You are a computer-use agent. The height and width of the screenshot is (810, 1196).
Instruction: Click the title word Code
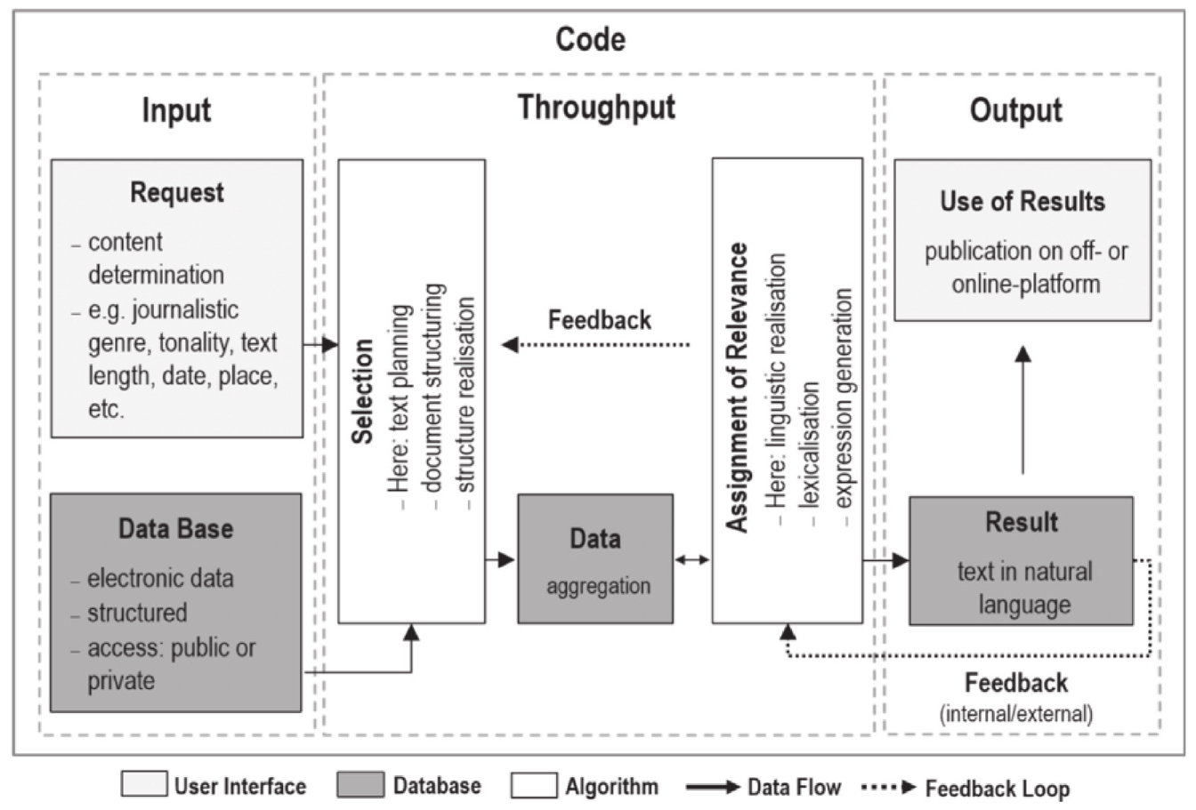pyautogui.click(x=590, y=39)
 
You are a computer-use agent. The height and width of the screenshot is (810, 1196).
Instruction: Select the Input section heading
pyautogui.click(x=176, y=111)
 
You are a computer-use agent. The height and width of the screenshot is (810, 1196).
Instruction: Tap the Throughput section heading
pyautogui.click(x=596, y=108)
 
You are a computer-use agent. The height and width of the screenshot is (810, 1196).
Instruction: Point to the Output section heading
pyautogui.click(x=1015, y=111)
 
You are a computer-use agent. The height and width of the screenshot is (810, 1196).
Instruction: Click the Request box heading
pyautogui.click(x=177, y=193)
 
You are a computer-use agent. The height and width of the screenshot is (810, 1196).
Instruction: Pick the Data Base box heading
pyautogui.click(x=175, y=529)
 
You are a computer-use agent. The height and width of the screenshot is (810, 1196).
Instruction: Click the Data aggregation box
pyautogui.click(x=595, y=559)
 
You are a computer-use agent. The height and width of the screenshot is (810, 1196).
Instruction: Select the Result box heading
pyautogui.click(x=1022, y=522)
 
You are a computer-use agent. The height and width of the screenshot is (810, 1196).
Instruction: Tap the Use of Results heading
pyautogui.click(x=1022, y=202)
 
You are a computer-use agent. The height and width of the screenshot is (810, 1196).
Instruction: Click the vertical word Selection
pyautogui.click(x=362, y=390)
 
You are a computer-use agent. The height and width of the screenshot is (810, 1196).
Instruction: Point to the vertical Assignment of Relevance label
pyautogui.click(x=737, y=388)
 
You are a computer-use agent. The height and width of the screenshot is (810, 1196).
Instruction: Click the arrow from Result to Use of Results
pyautogui.click(x=1023, y=410)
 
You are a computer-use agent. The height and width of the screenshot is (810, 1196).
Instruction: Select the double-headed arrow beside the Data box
pyautogui.click(x=692, y=560)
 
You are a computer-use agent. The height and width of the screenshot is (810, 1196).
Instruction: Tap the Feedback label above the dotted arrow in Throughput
pyautogui.click(x=600, y=320)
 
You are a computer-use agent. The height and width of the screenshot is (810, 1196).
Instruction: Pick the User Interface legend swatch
pyautogui.click(x=143, y=785)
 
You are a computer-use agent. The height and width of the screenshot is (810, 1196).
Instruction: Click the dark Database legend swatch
pyautogui.click(x=360, y=785)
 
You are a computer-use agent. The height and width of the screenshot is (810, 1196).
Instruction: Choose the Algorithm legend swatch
pyautogui.click(x=533, y=785)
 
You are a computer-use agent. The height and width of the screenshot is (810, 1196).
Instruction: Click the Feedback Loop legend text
pyautogui.click(x=997, y=788)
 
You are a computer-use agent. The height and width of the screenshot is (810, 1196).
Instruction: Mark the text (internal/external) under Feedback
pyautogui.click(x=1015, y=714)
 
